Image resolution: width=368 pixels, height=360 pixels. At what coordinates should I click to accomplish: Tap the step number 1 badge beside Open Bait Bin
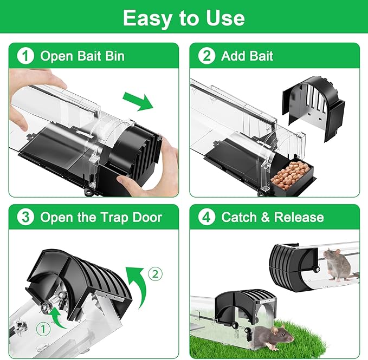pos(25,56)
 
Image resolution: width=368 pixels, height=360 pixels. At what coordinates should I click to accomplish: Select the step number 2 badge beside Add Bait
pos(206,56)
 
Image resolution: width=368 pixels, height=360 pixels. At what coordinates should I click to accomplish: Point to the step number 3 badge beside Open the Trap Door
pos(25,217)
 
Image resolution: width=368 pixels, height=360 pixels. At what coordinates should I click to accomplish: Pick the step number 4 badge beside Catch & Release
pos(206,217)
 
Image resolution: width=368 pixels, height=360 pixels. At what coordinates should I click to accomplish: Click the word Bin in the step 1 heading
pos(115,56)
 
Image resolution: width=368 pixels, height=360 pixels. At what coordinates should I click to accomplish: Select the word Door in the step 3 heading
pos(147,217)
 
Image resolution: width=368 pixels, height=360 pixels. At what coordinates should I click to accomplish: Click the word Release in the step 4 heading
pos(299,217)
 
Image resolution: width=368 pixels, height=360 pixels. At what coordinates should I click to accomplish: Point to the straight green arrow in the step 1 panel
pos(138,102)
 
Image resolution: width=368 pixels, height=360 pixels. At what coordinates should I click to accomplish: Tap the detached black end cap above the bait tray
pos(313,108)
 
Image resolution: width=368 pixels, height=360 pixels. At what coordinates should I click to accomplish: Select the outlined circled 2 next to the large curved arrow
pos(155,274)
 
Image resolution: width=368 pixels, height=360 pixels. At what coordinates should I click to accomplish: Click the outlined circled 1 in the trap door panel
pos(43,329)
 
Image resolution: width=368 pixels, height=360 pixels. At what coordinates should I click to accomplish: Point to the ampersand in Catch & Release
pos(265,217)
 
